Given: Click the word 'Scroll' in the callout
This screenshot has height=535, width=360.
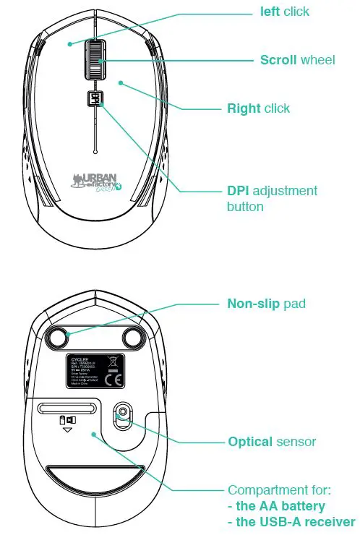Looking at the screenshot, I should click(x=278, y=59).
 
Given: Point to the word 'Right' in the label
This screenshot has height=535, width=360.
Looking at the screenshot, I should click(x=244, y=108).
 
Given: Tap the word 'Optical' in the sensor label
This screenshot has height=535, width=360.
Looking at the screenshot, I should click(x=250, y=441).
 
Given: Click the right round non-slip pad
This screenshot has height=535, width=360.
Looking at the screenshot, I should click(x=133, y=335).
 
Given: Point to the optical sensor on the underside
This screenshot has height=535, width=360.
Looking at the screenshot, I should click(x=123, y=413).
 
